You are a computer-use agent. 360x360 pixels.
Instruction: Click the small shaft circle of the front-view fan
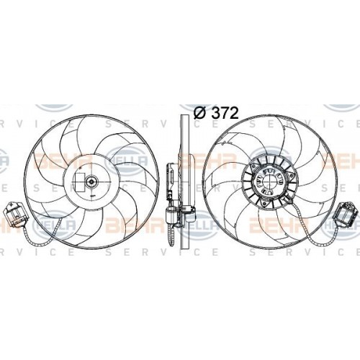[x=91, y=183]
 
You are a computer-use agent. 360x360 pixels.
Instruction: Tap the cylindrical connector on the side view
[x=174, y=212]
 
